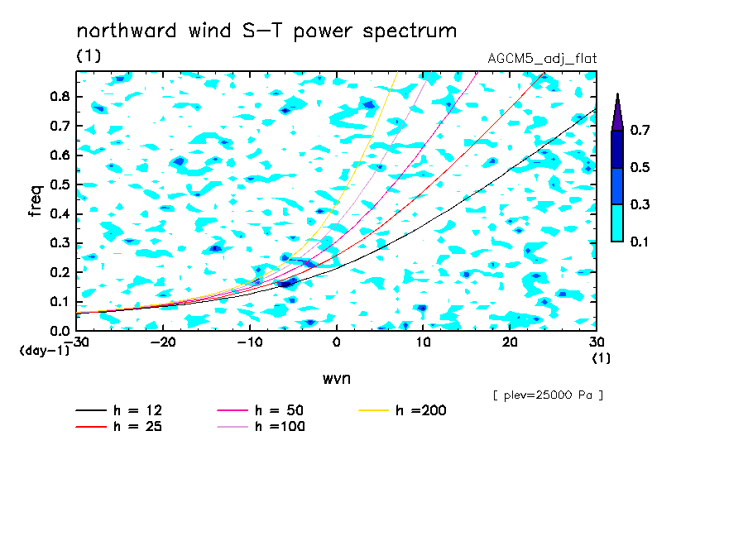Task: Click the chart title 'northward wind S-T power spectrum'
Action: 266,31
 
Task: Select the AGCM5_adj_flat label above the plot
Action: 542,59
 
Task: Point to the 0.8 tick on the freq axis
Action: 60,96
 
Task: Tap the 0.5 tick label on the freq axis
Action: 60,184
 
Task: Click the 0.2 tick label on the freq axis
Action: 60,272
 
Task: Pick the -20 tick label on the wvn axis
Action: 163,342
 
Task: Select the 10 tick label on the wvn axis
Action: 423,342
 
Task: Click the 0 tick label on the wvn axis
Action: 336,342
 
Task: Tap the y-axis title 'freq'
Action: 36,201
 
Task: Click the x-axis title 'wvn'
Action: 337,379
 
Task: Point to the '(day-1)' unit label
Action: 44,351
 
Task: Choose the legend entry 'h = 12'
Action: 119,410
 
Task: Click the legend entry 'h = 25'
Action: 119,427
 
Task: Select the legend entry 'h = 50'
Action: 261,410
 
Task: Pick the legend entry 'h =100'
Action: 261,427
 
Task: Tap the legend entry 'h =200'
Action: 402,410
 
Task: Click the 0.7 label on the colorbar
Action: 640,130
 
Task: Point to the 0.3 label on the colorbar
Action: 640,204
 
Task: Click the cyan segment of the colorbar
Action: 617,223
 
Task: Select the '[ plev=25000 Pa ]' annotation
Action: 548,395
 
